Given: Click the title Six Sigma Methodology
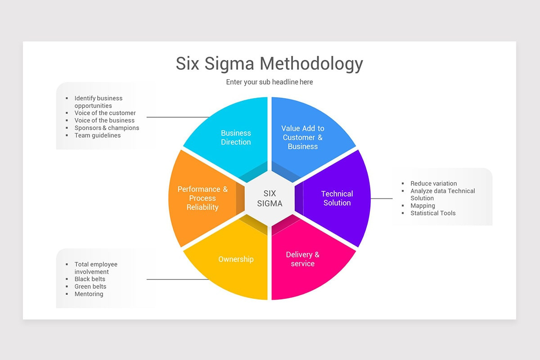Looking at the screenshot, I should [269, 63].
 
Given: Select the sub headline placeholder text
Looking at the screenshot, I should [269, 82].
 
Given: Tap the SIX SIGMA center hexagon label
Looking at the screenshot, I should [270, 198].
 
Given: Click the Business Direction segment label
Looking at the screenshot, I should [236, 138].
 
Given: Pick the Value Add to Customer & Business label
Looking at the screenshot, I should [302, 137].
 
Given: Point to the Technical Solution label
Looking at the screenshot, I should [337, 198].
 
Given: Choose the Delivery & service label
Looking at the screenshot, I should [302, 259].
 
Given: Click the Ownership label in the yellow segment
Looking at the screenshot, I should [236, 259].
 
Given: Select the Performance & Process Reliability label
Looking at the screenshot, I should [202, 198].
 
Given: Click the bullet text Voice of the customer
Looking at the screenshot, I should [105, 113].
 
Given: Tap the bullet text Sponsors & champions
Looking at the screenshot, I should [107, 128].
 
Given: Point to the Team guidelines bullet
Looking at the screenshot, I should [98, 135].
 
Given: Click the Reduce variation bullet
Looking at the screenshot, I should [433, 184].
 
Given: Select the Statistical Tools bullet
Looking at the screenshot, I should [433, 213].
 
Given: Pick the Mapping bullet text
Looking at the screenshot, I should [423, 206].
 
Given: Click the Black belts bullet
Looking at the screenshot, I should [90, 279].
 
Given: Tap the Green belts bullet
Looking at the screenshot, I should [90, 287].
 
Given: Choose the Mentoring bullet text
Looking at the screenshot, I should [89, 294].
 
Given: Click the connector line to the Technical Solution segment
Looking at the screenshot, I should [382, 198].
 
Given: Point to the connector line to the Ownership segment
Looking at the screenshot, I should [178, 279].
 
